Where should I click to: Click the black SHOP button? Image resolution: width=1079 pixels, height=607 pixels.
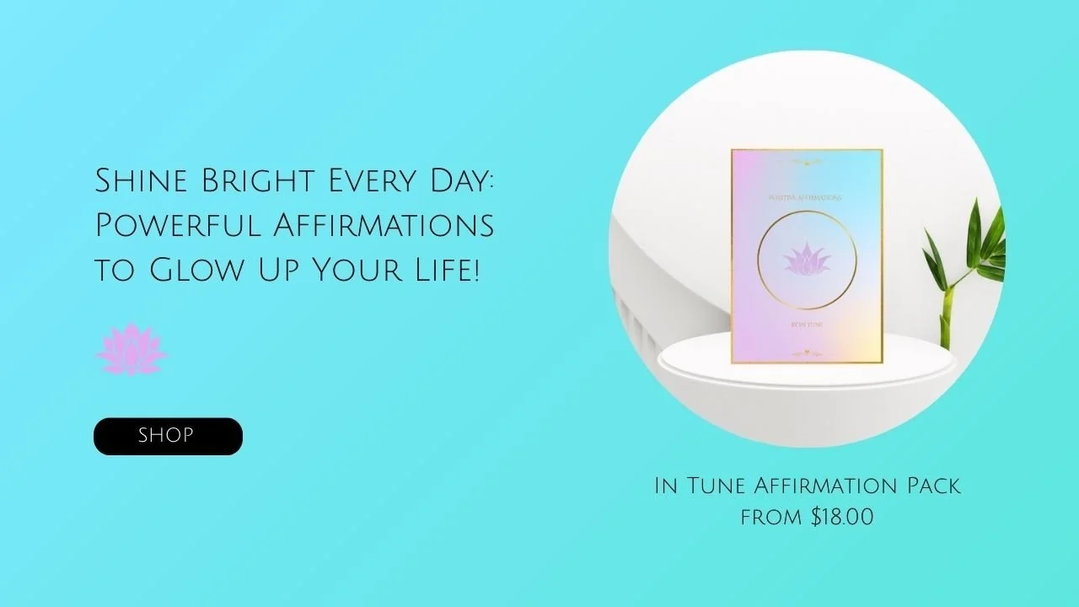[168, 436]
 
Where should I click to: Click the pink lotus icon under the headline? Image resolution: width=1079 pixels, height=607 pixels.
[132, 349]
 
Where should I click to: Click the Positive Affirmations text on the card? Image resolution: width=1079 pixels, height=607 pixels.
[807, 197]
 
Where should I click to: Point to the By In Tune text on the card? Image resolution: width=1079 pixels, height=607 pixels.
[807, 322]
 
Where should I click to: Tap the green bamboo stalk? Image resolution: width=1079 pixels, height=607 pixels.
[946, 312]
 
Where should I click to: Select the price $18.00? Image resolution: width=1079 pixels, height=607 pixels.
[842, 517]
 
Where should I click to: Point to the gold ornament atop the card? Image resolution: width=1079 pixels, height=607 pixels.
[807, 160]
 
